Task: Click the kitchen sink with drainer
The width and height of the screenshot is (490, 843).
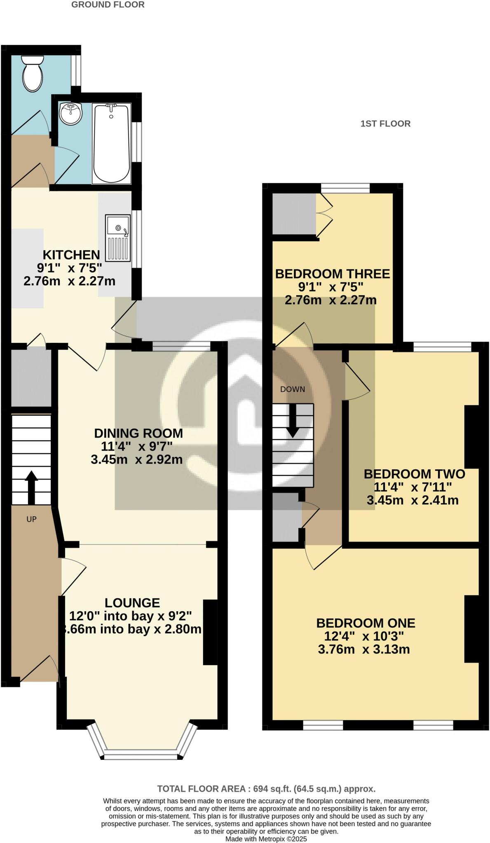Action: [118, 238]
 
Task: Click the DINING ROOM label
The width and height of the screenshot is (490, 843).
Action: [138, 433]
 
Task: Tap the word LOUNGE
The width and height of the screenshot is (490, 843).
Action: [132, 603]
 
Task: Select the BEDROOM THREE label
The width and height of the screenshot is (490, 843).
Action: [332, 274]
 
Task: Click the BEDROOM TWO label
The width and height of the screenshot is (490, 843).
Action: [414, 474]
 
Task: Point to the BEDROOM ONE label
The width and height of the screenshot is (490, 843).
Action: [366, 623]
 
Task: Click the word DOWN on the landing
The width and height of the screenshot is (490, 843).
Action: [293, 389]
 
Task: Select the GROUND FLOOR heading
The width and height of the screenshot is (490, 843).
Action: [108, 5]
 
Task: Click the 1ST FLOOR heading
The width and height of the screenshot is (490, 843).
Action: [385, 123]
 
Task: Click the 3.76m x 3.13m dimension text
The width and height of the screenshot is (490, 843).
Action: [364, 650]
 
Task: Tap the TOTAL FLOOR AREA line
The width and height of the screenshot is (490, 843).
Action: [266, 789]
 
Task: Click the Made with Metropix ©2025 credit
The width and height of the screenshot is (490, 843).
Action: [266, 839]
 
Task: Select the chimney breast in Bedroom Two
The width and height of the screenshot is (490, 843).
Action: [471, 436]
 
